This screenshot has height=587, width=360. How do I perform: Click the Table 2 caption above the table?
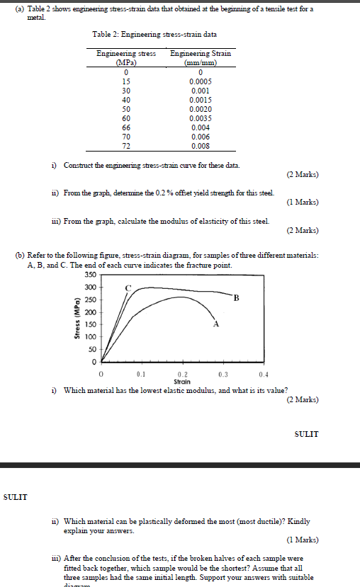(154, 34)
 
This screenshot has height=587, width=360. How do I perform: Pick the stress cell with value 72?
(125, 146)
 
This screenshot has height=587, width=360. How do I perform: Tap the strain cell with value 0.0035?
(201, 118)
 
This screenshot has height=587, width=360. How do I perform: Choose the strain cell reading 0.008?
(201, 146)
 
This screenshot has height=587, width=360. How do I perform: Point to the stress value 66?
(125, 127)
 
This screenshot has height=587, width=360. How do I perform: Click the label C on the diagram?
(128, 288)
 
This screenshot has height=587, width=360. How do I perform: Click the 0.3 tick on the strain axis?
(223, 374)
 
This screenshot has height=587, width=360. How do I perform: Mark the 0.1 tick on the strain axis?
(141, 374)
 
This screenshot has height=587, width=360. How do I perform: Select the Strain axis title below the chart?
(181, 382)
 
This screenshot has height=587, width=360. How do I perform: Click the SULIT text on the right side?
(306, 433)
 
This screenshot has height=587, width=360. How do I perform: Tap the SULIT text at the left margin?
(16, 496)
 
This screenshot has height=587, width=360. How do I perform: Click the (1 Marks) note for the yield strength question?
(303, 202)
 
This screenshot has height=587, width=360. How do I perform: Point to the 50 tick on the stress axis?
(91, 349)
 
